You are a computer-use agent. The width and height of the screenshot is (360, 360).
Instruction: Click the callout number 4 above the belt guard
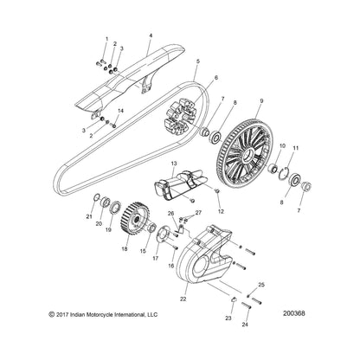click(150, 36)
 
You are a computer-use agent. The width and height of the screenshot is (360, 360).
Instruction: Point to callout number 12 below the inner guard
click(221, 210)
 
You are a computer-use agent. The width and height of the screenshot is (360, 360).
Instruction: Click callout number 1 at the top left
click(107, 39)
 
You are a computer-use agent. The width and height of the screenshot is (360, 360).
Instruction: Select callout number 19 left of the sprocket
click(109, 255)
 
